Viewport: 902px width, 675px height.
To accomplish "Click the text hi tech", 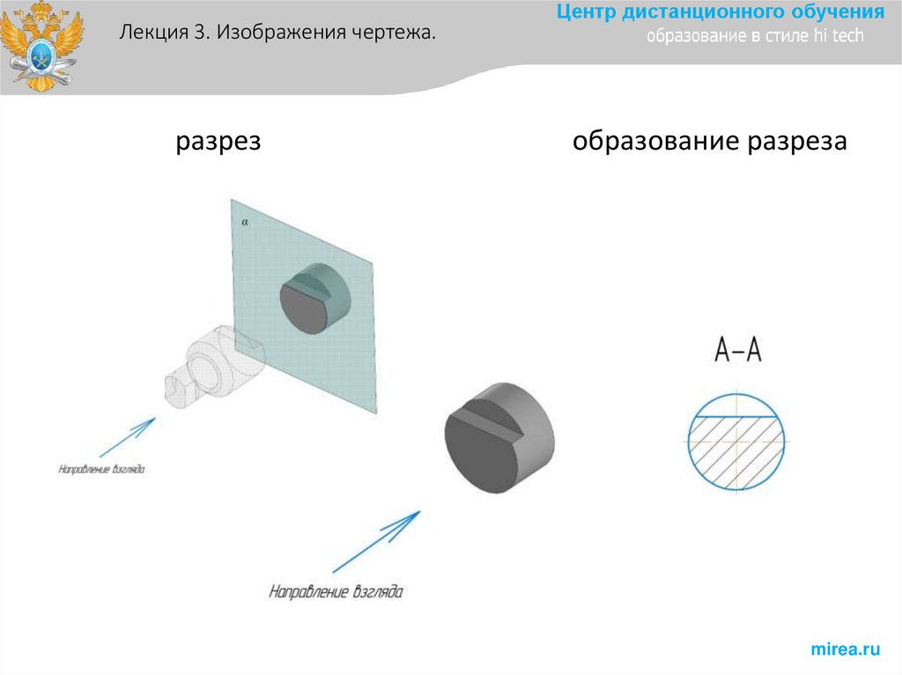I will [840, 36].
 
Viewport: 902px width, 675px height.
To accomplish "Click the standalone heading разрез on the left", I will [218, 142].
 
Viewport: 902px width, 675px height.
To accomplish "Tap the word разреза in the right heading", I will [798, 142].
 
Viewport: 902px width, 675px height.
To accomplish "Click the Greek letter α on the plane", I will [245, 224].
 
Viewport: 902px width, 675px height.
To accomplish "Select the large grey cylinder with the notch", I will [499, 437].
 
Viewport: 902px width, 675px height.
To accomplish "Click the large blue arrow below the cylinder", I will [375, 540].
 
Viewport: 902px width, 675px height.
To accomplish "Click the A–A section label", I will [737, 352].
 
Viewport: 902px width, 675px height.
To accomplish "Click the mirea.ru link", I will [845, 649].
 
